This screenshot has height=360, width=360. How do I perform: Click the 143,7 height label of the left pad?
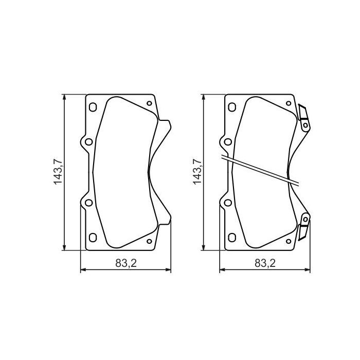(x=58, y=173)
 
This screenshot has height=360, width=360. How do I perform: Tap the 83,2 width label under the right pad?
(x=265, y=263)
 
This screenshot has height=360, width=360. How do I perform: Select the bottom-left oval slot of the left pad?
(x=93, y=237)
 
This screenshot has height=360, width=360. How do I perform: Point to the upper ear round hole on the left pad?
(x=88, y=142)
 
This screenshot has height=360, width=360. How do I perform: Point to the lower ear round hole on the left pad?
(x=88, y=203)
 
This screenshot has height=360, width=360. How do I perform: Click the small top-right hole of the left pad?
(x=149, y=103)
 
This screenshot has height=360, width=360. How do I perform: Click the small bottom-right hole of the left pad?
(x=149, y=241)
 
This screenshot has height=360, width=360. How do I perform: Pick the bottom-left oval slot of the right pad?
(x=232, y=237)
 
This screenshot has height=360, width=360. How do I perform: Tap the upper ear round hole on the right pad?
(x=228, y=142)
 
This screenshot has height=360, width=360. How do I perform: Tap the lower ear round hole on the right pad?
(x=228, y=203)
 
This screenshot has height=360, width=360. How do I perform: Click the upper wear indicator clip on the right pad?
(x=304, y=117)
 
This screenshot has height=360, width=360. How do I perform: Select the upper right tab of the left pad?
(x=165, y=127)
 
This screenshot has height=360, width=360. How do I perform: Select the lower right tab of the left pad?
(x=165, y=218)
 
